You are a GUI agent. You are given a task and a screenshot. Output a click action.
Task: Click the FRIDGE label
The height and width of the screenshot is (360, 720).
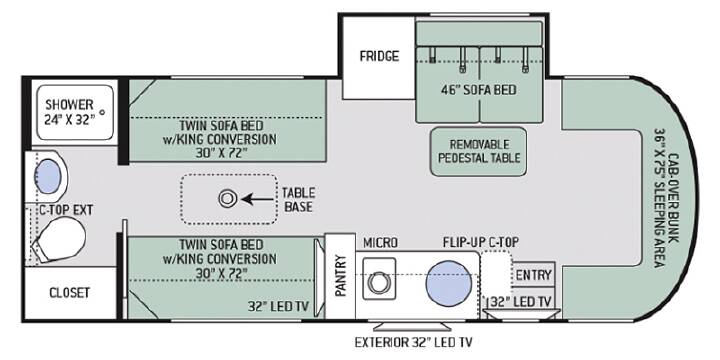pyautogui.click(x=379, y=56)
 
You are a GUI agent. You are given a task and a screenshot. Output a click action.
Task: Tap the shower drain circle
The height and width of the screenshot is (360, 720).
pyautogui.click(x=102, y=112)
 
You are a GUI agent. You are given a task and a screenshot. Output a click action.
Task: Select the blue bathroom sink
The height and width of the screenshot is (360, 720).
pyautogui.click(x=48, y=176)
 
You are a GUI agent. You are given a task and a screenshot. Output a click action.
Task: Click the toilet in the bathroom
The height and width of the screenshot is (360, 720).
pyautogui.click(x=60, y=239)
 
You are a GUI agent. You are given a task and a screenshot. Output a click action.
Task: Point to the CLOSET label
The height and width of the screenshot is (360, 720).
pyautogui.click(x=69, y=293)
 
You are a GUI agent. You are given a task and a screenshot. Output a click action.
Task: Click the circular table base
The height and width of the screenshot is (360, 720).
pyautogui.click(x=227, y=199)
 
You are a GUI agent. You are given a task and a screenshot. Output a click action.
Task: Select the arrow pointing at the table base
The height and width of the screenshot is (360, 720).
pyautogui.click(x=258, y=199)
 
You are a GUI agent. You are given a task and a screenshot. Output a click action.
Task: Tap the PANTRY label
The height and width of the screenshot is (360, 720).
pyautogui.click(x=340, y=276)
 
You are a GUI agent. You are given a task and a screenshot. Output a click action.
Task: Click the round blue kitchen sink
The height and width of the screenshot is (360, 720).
pyautogui.click(x=449, y=283)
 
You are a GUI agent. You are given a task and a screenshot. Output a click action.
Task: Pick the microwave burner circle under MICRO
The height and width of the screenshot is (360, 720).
pyautogui.click(x=379, y=281)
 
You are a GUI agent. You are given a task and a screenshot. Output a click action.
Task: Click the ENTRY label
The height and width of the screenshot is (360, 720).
pyautogui.click(x=533, y=275)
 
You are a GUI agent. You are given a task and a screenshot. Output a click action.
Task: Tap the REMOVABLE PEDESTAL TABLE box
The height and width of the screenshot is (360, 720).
pyautogui.click(x=478, y=152)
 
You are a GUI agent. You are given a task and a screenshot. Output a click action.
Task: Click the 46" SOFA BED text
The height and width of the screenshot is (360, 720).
pyautogui.click(x=478, y=90)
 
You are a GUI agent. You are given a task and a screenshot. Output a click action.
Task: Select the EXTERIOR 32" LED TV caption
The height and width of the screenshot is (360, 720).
pyautogui.click(x=413, y=342)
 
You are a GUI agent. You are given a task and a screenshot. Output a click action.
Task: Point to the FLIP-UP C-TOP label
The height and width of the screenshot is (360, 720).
pyautogui.click(x=481, y=242)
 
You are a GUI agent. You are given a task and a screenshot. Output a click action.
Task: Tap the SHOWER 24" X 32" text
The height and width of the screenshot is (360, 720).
pyautogui.click(x=70, y=112)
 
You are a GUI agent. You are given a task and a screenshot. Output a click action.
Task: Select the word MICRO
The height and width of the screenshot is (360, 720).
pyautogui.click(x=380, y=242)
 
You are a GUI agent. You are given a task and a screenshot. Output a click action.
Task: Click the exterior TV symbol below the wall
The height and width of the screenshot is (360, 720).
pyautogui.click(x=411, y=326)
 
